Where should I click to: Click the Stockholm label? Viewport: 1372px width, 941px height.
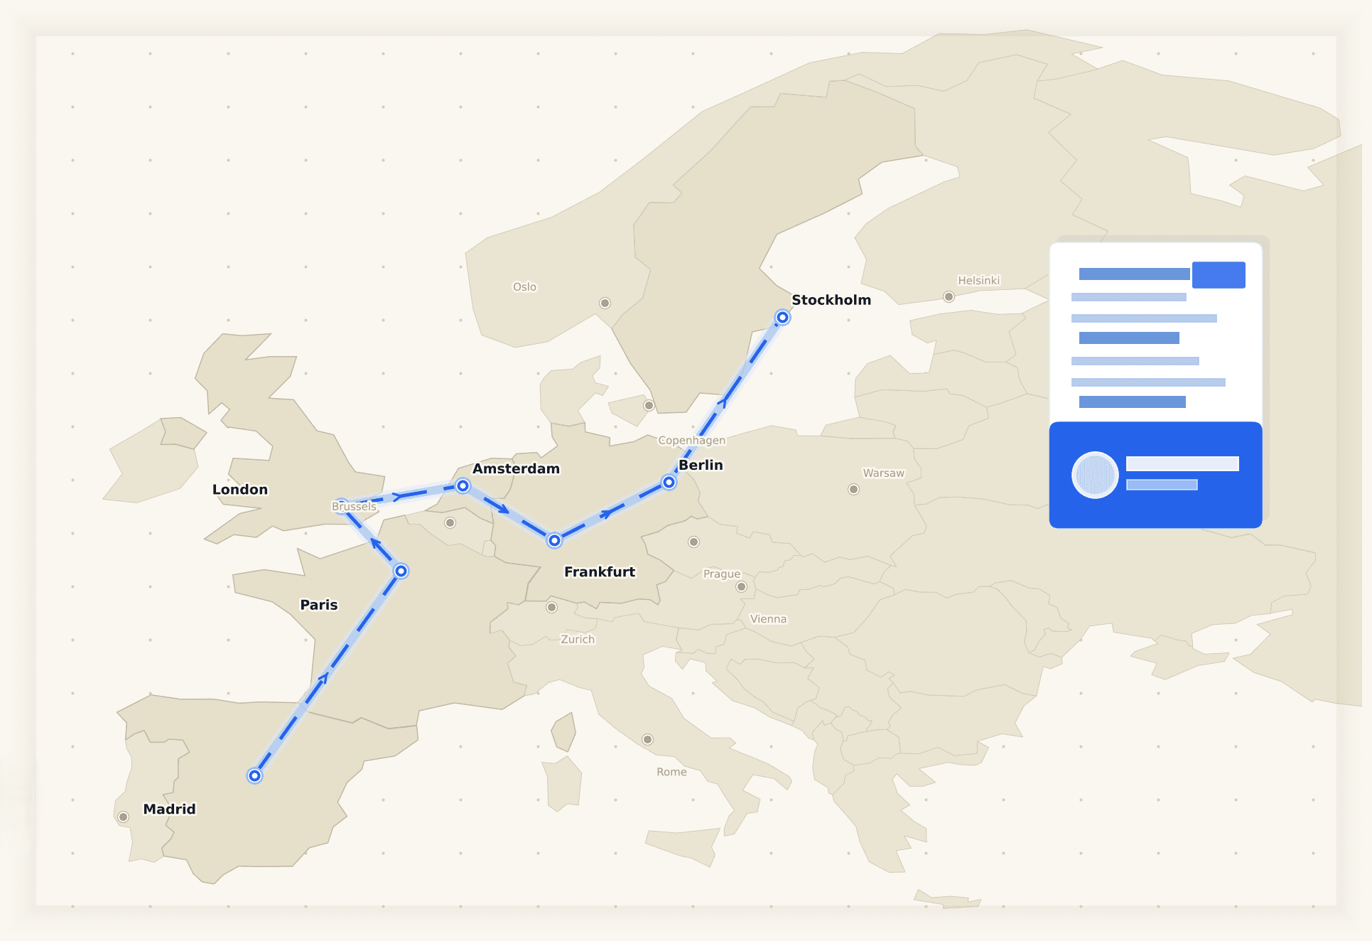[831, 300]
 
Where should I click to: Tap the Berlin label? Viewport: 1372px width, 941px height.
[701, 465]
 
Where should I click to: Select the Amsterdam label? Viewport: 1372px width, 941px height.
[516, 468]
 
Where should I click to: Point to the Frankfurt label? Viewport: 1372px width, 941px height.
[599, 571]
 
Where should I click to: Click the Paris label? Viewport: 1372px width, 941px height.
[318, 605]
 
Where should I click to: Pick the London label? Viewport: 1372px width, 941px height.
[239, 489]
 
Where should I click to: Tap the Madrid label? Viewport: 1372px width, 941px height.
[169, 809]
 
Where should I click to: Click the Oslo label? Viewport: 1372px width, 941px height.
[524, 287]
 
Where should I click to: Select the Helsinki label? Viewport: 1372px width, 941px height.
[978, 281]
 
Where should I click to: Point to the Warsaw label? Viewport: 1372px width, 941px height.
[883, 473]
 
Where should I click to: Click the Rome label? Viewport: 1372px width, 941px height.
[671, 772]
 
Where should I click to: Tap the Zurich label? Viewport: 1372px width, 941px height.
[578, 640]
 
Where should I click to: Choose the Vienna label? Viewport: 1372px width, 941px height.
[768, 619]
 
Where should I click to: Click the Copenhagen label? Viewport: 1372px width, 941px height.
[691, 441]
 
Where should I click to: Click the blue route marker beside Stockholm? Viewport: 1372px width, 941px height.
[782, 318]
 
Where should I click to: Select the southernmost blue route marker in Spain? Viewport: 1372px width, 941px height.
[254, 775]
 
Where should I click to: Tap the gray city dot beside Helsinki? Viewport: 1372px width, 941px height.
[949, 297]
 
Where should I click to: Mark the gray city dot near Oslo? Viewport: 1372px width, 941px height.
[605, 303]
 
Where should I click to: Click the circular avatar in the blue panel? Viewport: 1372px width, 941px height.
[1095, 475]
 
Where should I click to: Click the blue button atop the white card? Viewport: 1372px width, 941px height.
[1218, 275]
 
